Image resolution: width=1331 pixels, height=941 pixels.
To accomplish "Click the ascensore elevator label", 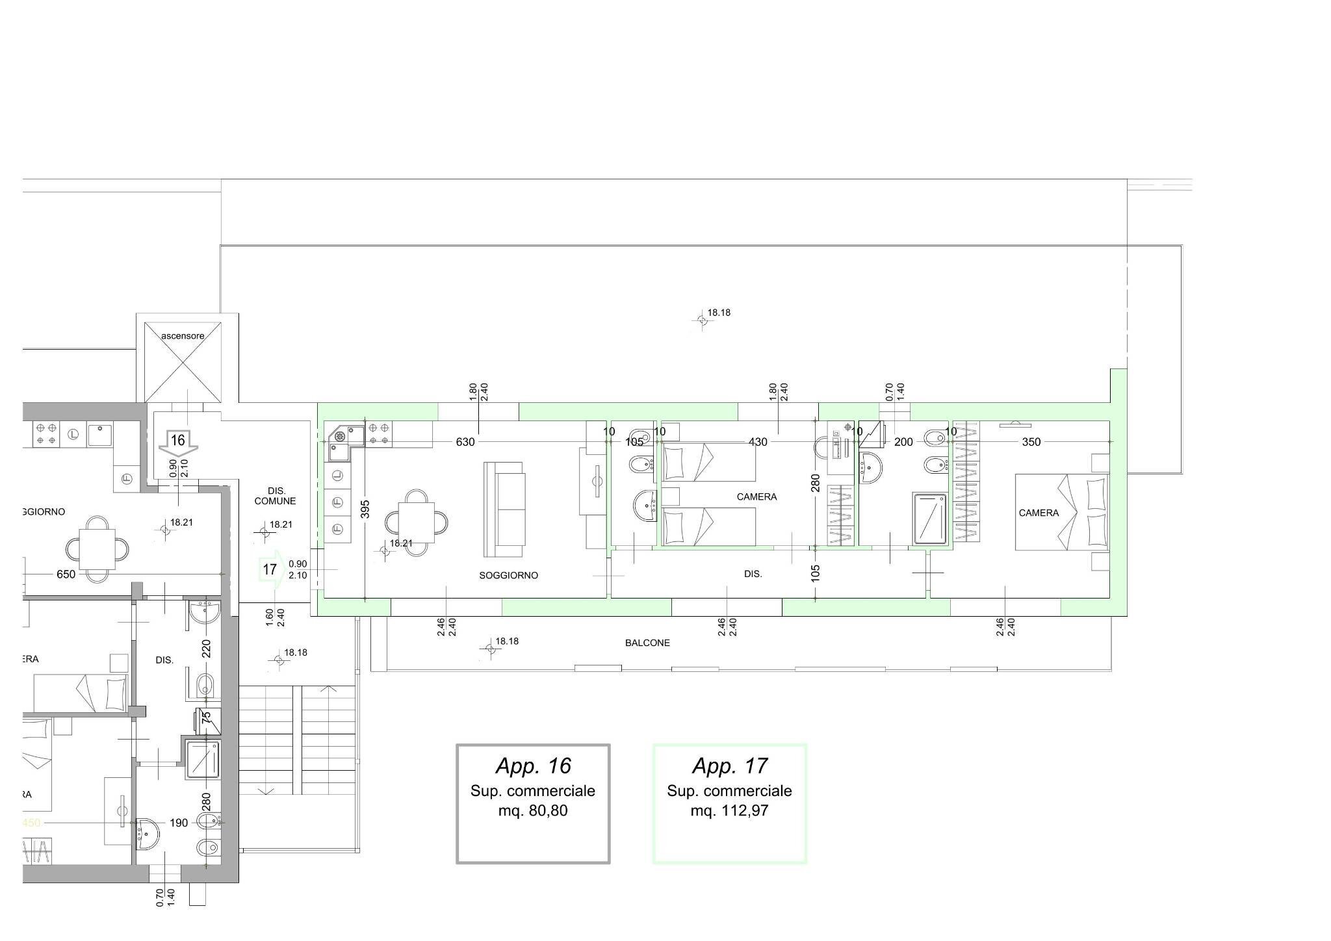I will click(183, 336).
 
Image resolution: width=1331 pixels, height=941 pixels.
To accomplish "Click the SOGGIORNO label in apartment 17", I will click(508, 575).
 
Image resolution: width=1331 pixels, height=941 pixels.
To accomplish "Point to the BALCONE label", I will click(647, 643).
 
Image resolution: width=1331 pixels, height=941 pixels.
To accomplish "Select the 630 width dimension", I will click(465, 442).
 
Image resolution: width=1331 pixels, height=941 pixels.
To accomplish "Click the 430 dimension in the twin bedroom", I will click(758, 442).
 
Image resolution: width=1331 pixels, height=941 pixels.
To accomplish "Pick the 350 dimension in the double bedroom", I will click(1031, 442).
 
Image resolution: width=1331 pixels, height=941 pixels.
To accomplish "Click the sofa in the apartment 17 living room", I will click(504, 509).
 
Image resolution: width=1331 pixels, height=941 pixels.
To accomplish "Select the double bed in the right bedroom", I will click(1062, 512).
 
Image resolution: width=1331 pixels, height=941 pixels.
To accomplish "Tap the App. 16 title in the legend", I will click(533, 766).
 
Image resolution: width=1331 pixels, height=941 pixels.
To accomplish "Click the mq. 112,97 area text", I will click(729, 810).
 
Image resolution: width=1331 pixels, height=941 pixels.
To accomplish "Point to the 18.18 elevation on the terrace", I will click(719, 313).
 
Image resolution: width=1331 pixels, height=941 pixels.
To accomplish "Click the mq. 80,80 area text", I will click(533, 810).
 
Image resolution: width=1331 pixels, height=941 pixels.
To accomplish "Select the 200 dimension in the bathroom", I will click(903, 442).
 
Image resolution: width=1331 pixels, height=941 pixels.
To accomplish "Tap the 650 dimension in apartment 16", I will click(66, 574).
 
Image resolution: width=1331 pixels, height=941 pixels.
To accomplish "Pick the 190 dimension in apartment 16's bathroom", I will click(179, 823).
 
